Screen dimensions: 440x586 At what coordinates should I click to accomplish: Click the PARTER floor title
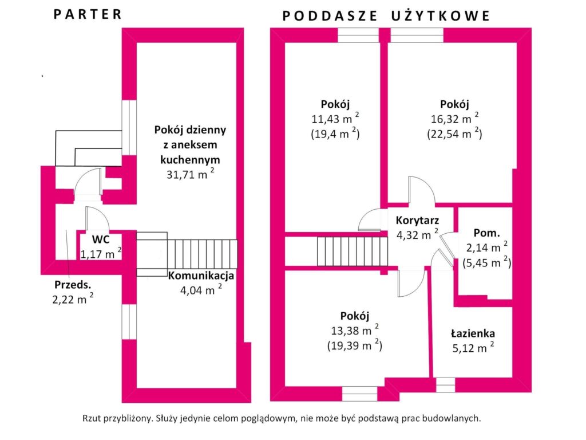click(x=88, y=14)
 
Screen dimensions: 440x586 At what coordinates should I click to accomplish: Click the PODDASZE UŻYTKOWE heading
click(x=386, y=15)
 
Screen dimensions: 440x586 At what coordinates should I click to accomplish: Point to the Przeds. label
click(x=73, y=285)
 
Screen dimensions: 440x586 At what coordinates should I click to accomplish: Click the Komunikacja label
click(x=201, y=276)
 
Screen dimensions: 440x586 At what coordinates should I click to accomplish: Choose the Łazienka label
click(x=472, y=333)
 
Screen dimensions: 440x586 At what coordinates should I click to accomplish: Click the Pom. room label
click(x=486, y=233)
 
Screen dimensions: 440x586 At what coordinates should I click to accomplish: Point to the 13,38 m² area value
click(x=353, y=331)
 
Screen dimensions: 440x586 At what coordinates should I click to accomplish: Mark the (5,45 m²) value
click(x=486, y=263)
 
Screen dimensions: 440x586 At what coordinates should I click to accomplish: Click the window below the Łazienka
click(x=445, y=384)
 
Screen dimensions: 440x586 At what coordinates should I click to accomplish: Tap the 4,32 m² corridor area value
click(x=417, y=234)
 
